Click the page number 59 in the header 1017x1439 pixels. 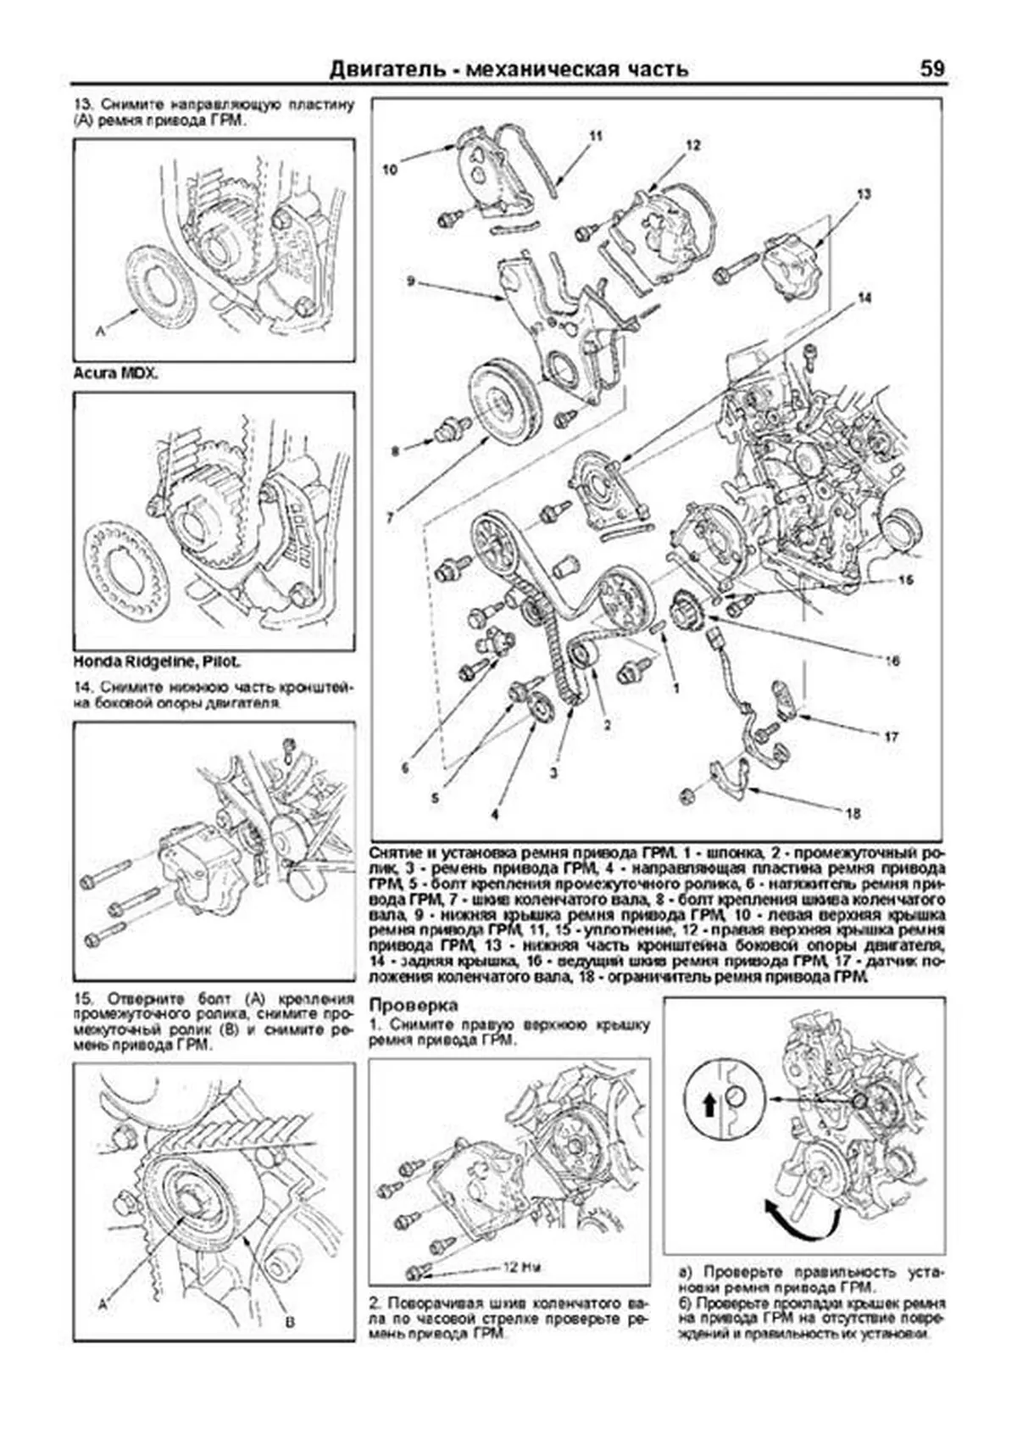(931, 68)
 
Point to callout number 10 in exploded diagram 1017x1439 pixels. (389, 169)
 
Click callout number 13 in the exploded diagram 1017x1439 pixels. (864, 195)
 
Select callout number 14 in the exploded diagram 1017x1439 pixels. (864, 298)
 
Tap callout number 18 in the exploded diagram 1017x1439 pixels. (853, 813)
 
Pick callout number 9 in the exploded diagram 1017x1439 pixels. (409, 281)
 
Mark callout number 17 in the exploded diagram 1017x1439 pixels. (891, 737)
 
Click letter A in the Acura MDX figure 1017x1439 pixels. (101, 332)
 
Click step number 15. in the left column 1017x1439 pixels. (84, 998)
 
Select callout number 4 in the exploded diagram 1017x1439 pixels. (494, 813)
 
